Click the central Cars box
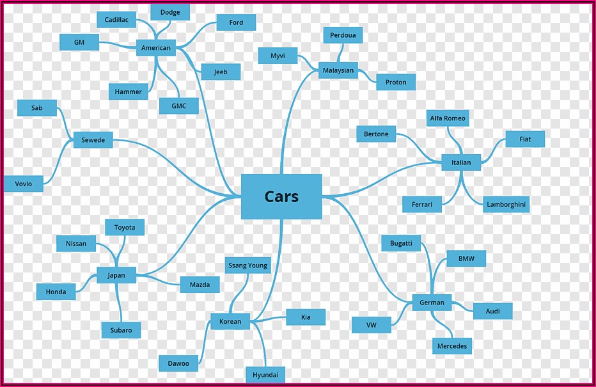click(x=281, y=196)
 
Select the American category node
click(x=156, y=48)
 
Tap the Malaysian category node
click(x=338, y=70)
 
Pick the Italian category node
click(x=460, y=162)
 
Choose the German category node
click(x=432, y=303)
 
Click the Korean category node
click(x=230, y=321)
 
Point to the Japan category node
click(x=116, y=276)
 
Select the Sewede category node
click(x=93, y=140)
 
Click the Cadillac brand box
click(x=116, y=20)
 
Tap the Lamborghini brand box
click(x=506, y=205)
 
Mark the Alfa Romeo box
click(x=448, y=118)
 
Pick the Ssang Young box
click(x=248, y=265)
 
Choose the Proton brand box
click(x=396, y=83)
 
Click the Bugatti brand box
click(x=401, y=243)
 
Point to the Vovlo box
click(x=24, y=184)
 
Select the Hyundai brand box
click(x=265, y=374)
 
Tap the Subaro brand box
click(x=121, y=330)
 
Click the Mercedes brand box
click(x=452, y=346)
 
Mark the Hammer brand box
click(x=129, y=91)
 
